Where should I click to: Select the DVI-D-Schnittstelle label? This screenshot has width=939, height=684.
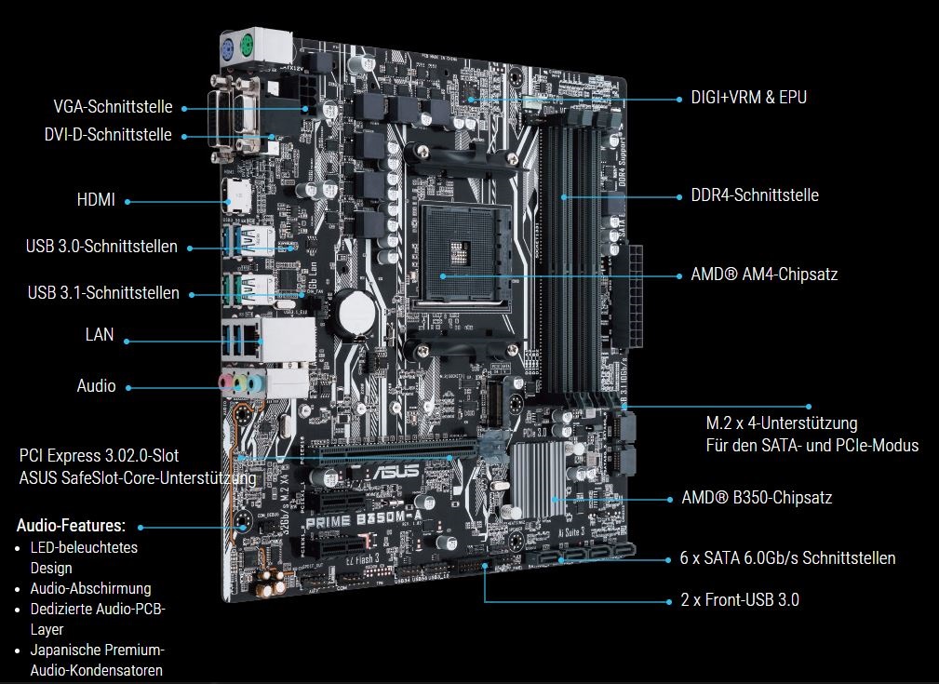(x=108, y=135)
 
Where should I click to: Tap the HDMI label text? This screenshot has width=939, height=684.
(x=96, y=200)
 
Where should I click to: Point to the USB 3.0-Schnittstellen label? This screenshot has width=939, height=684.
(x=101, y=247)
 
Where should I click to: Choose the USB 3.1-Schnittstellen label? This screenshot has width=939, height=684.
(x=103, y=293)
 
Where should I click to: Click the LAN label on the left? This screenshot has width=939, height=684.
(x=100, y=334)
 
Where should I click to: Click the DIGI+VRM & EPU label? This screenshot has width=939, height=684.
(x=748, y=97)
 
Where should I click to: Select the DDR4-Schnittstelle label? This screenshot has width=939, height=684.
(x=755, y=195)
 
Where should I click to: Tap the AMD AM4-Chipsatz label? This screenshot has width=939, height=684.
(x=764, y=275)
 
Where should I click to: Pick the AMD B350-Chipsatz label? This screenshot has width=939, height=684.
(x=757, y=498)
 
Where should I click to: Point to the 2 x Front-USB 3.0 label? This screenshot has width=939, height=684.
(x=740, y=600)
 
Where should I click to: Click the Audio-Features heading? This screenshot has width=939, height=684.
(x=71, y=526)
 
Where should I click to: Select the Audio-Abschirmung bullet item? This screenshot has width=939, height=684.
(x=90, y=588)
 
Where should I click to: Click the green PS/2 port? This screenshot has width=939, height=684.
(x=248, y=48)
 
